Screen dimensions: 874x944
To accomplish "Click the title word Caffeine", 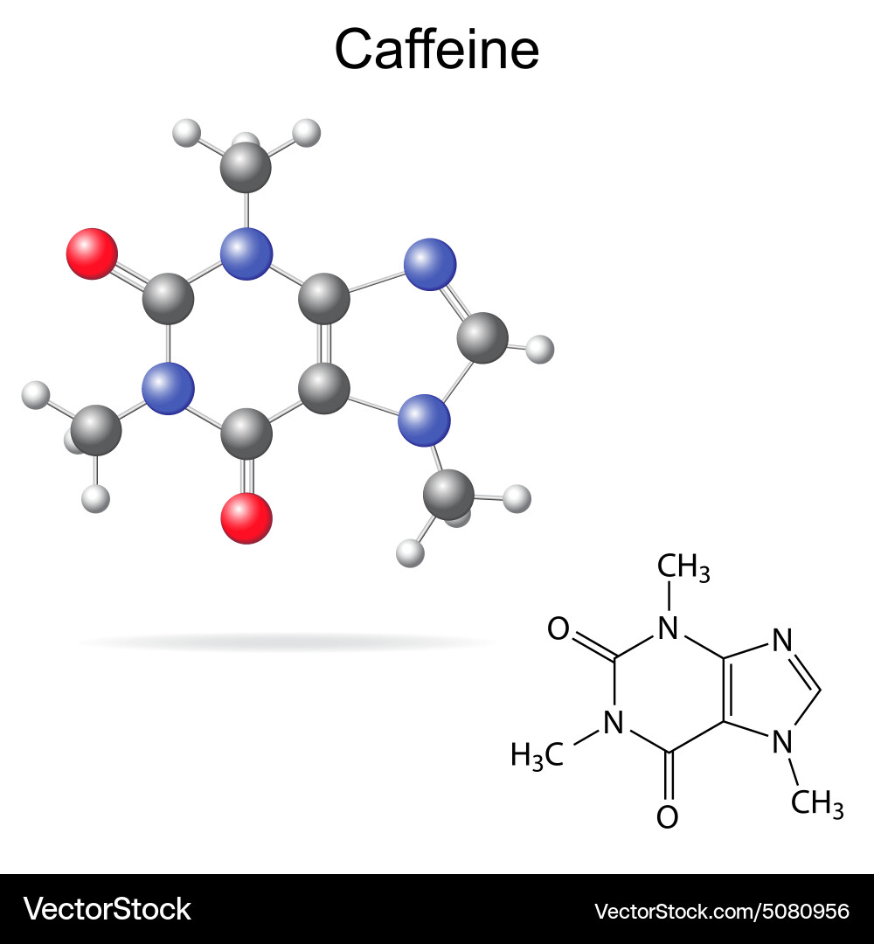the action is click(436, 49).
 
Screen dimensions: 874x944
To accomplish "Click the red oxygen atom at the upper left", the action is click(92, 253).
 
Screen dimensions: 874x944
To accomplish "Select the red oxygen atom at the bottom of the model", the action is click(246, 518).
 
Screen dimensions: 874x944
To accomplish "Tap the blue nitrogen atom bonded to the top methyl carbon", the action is click(246, 253).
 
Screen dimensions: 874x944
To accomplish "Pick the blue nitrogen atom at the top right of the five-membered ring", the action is click(430, 264).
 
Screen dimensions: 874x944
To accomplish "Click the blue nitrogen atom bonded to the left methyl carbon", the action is click(168, 388).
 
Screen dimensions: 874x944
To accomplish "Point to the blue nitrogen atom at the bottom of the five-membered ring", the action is click(425, 420).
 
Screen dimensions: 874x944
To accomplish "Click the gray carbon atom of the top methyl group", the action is click(246, 167).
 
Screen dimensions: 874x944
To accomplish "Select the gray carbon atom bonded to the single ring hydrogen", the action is click(482, 337).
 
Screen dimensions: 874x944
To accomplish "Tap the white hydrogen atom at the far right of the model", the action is click(540, 349).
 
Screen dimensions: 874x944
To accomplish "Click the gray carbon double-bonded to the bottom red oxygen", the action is click(246, 434).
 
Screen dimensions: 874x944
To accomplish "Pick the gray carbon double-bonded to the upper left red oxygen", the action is click(168, 299).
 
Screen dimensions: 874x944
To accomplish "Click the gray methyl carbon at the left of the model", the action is click(96, 430).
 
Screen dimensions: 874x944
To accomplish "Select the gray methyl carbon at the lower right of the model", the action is click(448, 496).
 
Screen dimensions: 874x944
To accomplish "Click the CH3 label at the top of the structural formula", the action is click(683, 568).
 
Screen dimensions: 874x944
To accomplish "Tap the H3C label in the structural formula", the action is click(537, 755).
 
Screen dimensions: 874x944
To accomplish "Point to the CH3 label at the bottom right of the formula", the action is click(817, 803).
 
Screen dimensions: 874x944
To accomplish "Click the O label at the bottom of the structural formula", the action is click(668, 817).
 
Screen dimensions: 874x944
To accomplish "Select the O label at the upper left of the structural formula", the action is click(558, 628).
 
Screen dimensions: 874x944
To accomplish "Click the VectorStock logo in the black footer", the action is click(107, 909).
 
